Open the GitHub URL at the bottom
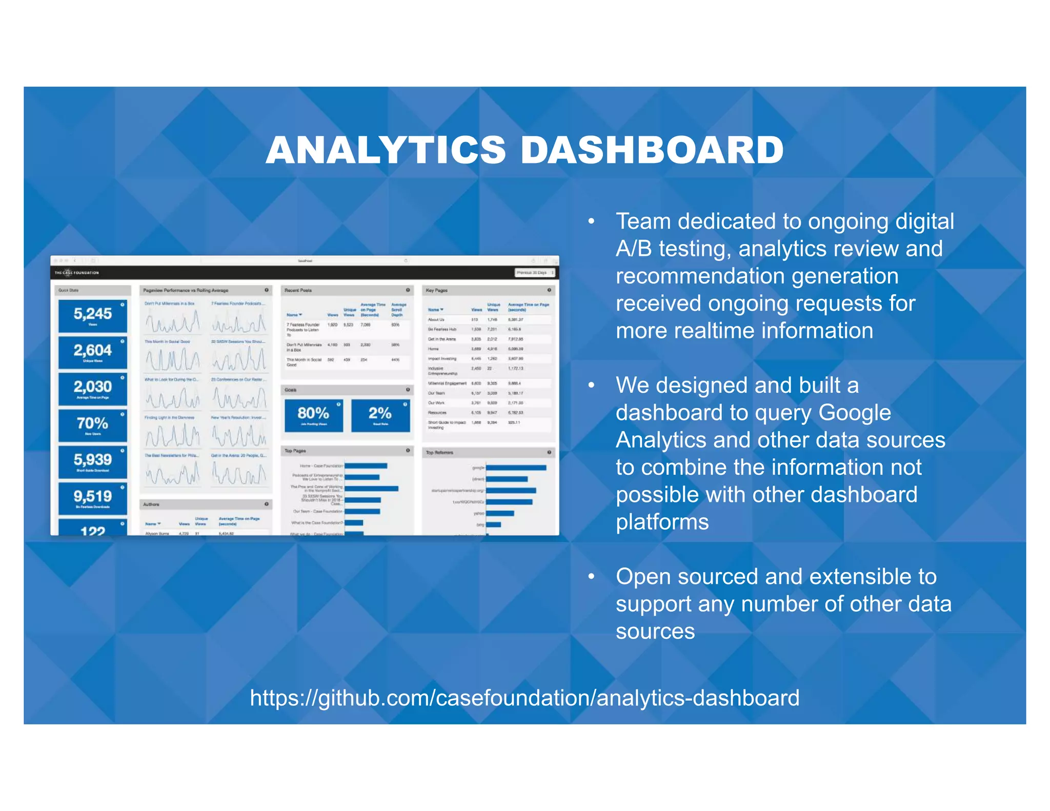(x=524, y=698)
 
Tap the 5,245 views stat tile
(x=93, y=315)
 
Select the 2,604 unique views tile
(x=93, y=352)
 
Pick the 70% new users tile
(x=93, y=424)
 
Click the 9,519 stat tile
(x=93, y=497)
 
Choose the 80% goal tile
(x=314, y=415)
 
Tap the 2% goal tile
(x=380, y=415)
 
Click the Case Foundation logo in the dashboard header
(x=77, y=273)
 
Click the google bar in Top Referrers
(x=516, y=468)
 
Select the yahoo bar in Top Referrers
(x=500, y=513)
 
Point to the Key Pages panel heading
(x=437, y=290)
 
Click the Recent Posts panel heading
(x=298, y=290)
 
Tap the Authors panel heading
(x=151, y=504)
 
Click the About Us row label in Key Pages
(x=436, y=319)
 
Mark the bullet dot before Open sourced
(x=591, y=577)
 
